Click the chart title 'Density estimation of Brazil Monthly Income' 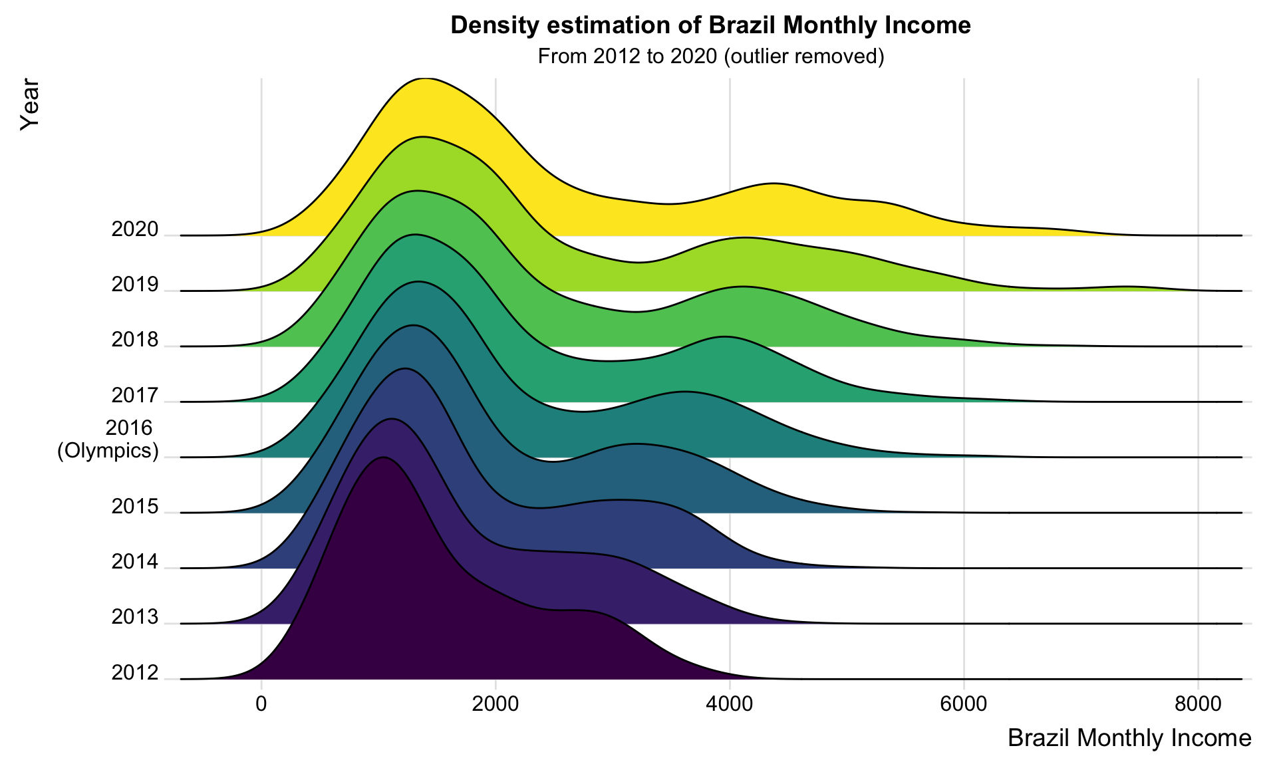(x=710, y=25)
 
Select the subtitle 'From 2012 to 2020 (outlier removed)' (x=710, y=57)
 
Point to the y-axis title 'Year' (x=30, y=104)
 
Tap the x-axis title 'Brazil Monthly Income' (x=1129, y=738)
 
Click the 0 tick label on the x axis (x=261, y=703)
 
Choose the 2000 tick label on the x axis (x=496, y=703)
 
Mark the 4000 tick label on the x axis (x=730, y=703)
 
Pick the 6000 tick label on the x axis (x=964, y=703)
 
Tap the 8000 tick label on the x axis (x=1198, y=703)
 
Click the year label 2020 (x=135, y=230)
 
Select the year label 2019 (x=135, y=285)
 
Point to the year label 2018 (x=135, y=340)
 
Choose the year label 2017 (x=135, y=396)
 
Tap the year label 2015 (x=135, y=507)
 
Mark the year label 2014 (x=135, y=563)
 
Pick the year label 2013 (x=135, y=618)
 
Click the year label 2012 (x=135, y=674)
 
